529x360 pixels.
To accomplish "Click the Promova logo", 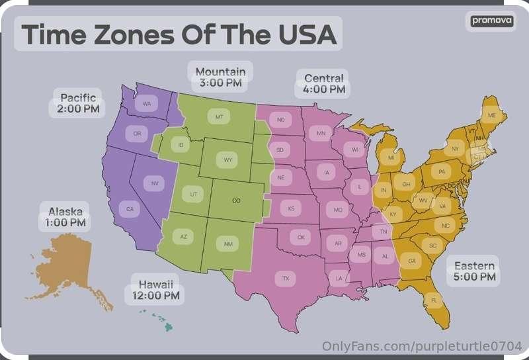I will tap(491, 21).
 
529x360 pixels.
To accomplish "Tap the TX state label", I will tap(286, 278).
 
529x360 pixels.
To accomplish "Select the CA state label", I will tap(130, 209).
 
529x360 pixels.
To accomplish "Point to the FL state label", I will tap(434, 300).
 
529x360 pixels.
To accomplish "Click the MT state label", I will tap(220, 116).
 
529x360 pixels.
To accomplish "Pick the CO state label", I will tap(236, 200).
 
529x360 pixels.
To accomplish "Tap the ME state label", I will tap(491, 115).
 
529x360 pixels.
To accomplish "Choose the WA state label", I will tap(146, 104).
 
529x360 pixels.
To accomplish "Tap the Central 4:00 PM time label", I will tap(323, 83).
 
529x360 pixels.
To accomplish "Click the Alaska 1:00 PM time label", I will tap(65, 217).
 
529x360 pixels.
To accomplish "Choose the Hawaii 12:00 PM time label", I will tap(156, 290).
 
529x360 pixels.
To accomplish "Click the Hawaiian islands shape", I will tap(159, 321).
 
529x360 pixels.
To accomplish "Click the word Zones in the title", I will tap(137, 34).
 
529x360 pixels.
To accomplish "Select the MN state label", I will tap(321, 134).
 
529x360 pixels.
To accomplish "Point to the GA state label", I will tap(412, 261).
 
